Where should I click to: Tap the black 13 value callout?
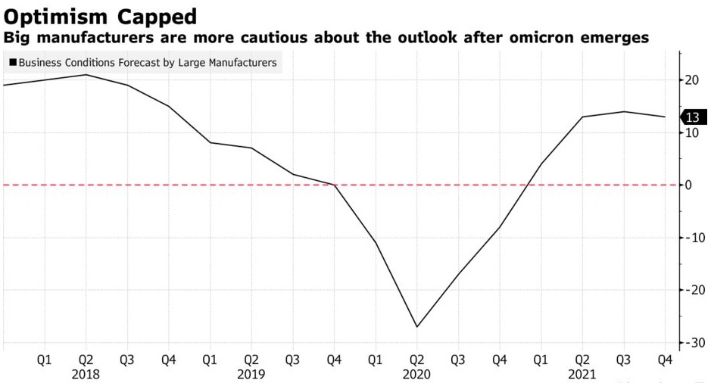[x=691, y=117]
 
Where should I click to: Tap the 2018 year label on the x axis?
[x=85, y=374]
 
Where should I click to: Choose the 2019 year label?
[x=250, y=374]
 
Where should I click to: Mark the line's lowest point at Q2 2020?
[x=416, y=327]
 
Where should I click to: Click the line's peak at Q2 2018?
[x=86, y=74]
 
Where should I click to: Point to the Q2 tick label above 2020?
[x=416, y=360]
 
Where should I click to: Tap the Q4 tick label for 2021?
[x=664, y=360]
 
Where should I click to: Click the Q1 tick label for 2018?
[x=44, y=360]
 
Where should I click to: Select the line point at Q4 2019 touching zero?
[x=333, y=185]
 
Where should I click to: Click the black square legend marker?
[x=12, y=63]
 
